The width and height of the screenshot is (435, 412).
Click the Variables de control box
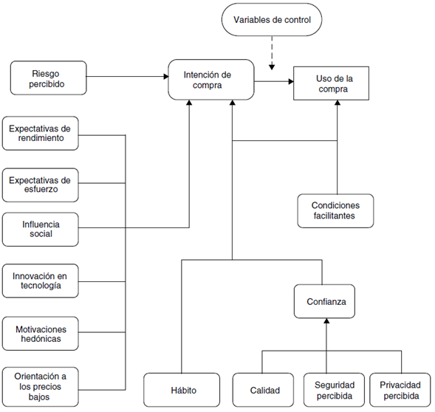click(272, 20)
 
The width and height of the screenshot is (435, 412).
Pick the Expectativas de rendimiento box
click(41, 133)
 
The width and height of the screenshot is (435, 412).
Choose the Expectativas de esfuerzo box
click(41, 185)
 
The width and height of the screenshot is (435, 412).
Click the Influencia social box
click(41, 229)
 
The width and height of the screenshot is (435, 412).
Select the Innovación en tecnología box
click(41, 281)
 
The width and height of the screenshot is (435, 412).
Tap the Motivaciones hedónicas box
click(41, 333)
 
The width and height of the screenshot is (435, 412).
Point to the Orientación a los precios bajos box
click(41, 385)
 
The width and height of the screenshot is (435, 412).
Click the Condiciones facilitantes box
click(336, 210)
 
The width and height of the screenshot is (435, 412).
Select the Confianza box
click(326, 302)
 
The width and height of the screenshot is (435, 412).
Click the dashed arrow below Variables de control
click(272, 53)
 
